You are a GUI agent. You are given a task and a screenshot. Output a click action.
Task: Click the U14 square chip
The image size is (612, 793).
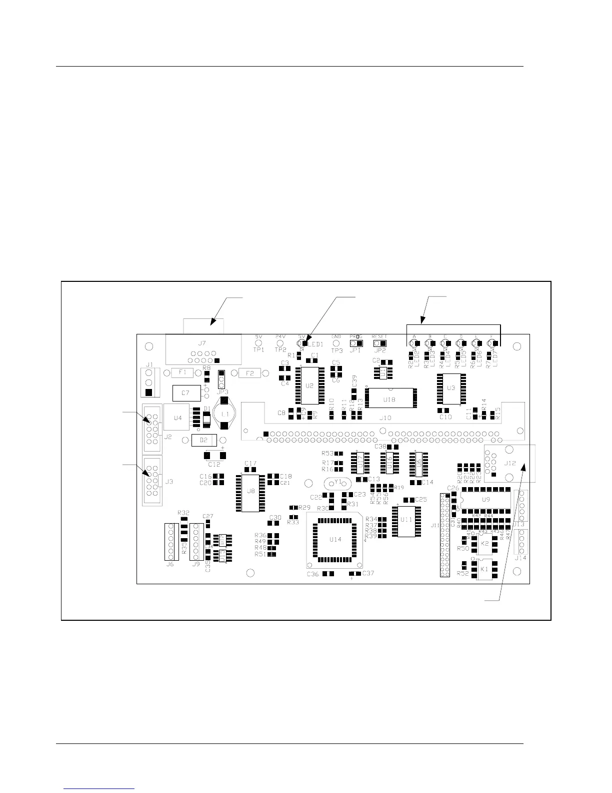[x=335, y=539]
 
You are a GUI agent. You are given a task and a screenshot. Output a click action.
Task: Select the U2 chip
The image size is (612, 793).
[x=309, y=385]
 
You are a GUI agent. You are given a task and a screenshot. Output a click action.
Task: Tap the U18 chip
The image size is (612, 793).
[x=389, y=399]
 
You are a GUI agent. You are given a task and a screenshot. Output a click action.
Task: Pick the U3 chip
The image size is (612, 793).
[x=450, y=387]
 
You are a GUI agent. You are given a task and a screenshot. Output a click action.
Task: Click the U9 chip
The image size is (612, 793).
[x=485, y=500]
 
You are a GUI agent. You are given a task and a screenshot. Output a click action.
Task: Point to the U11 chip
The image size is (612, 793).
[x=406, y=520]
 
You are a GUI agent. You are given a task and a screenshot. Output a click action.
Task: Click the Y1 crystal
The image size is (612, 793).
[x=338, y=483]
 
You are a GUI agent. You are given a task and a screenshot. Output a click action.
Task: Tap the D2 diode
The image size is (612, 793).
[x=204, y=440]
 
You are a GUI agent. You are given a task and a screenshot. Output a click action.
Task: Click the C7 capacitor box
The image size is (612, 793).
[x=185, y=393]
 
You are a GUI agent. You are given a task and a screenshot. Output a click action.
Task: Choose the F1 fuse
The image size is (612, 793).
[x=182, y=372]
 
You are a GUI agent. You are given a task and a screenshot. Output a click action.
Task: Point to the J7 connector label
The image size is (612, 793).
[x=201, y=343]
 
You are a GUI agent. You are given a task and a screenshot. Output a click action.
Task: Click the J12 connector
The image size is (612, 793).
[x=509, y=463]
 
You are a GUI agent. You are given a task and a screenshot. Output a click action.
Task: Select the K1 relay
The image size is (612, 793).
[x=484, y=569]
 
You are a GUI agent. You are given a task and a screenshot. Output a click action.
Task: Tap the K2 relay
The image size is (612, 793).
[x=484, y=543]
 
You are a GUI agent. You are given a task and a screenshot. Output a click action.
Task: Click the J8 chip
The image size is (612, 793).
[x=251, y=491]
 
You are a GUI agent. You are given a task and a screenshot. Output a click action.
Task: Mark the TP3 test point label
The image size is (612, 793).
[x=337, y=350]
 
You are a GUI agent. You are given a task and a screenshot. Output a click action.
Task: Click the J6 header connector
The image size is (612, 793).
[x=170, y=541]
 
